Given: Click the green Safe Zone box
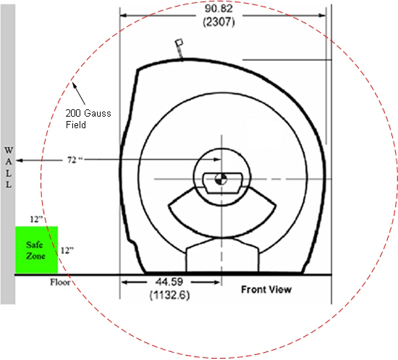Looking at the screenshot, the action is click(x=37, y=250).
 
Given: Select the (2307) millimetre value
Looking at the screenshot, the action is click(x=219, y=22).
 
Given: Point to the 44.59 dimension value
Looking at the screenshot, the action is click(x=169, y=282).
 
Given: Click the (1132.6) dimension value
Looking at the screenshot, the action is click(x=169, y=296).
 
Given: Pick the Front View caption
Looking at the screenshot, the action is click(x=266, y=289).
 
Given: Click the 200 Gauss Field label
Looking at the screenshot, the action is click(x=88, y=119).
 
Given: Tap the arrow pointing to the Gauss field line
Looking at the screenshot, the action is click(x=79, y=93).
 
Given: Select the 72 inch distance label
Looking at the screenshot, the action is click(x=75, y=160).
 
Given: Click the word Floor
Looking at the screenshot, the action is click(x=60, y=282).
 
